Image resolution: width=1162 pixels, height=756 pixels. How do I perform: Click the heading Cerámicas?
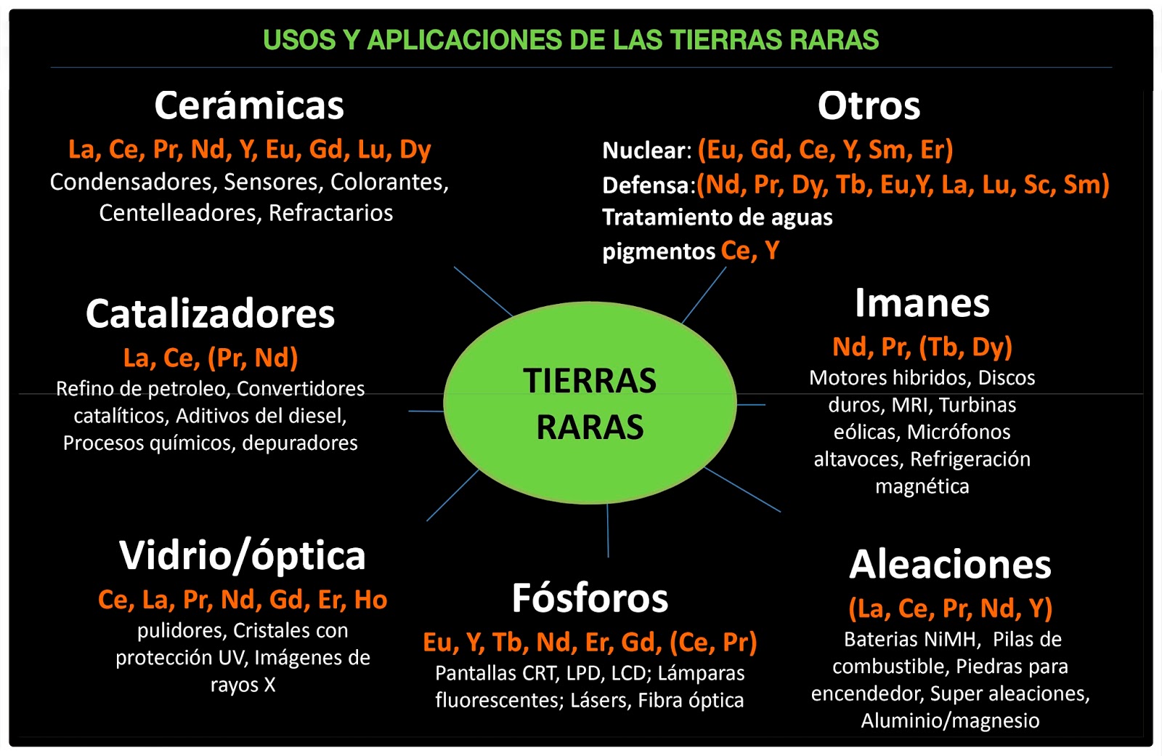click(x=249, y=106)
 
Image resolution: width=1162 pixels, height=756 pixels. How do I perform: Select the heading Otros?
click(x=869, y=106)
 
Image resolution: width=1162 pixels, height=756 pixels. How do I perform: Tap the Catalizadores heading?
click(x=210, y=314)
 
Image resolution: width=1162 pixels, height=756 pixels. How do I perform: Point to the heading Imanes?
click(x=922, y=303)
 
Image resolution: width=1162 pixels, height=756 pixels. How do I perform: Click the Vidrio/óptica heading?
click(x=242, y=556)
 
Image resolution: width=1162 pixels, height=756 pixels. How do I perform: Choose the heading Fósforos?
click(x=590, y=598)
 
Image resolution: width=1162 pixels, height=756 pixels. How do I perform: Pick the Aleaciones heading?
click(x=950, y=565)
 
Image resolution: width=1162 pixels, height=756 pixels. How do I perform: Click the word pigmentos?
click(x=659, y=252)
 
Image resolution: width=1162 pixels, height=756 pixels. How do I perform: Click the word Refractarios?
click(x=330, y=213)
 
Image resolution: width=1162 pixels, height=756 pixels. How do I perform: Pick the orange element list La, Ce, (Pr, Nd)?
click(x=211, y=358)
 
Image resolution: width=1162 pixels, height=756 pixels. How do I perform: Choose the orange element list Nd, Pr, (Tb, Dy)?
click(x=922, y=347)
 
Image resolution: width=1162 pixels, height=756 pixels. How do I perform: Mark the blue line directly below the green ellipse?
click(x=608, y=531)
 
